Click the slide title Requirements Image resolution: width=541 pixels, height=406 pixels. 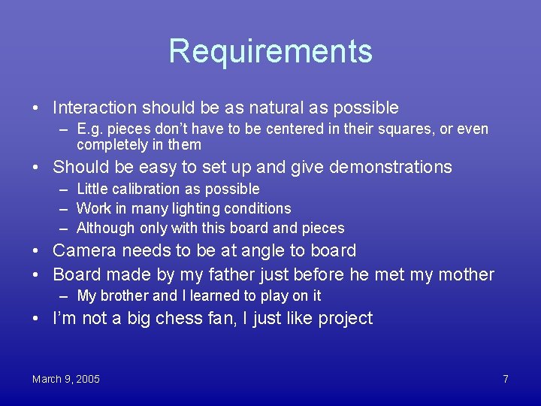pyautogui.click(x=270, y=51)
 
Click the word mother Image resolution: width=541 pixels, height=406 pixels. pyautogui.click(x=465, y=274)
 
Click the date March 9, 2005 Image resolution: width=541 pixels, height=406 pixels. pyautogui.click(x=66, y=379)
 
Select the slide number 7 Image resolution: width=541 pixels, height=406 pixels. pyautogui.click(x=506, y=379)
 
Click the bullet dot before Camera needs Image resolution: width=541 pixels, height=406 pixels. pyautogui.click(x=37, y=251)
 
